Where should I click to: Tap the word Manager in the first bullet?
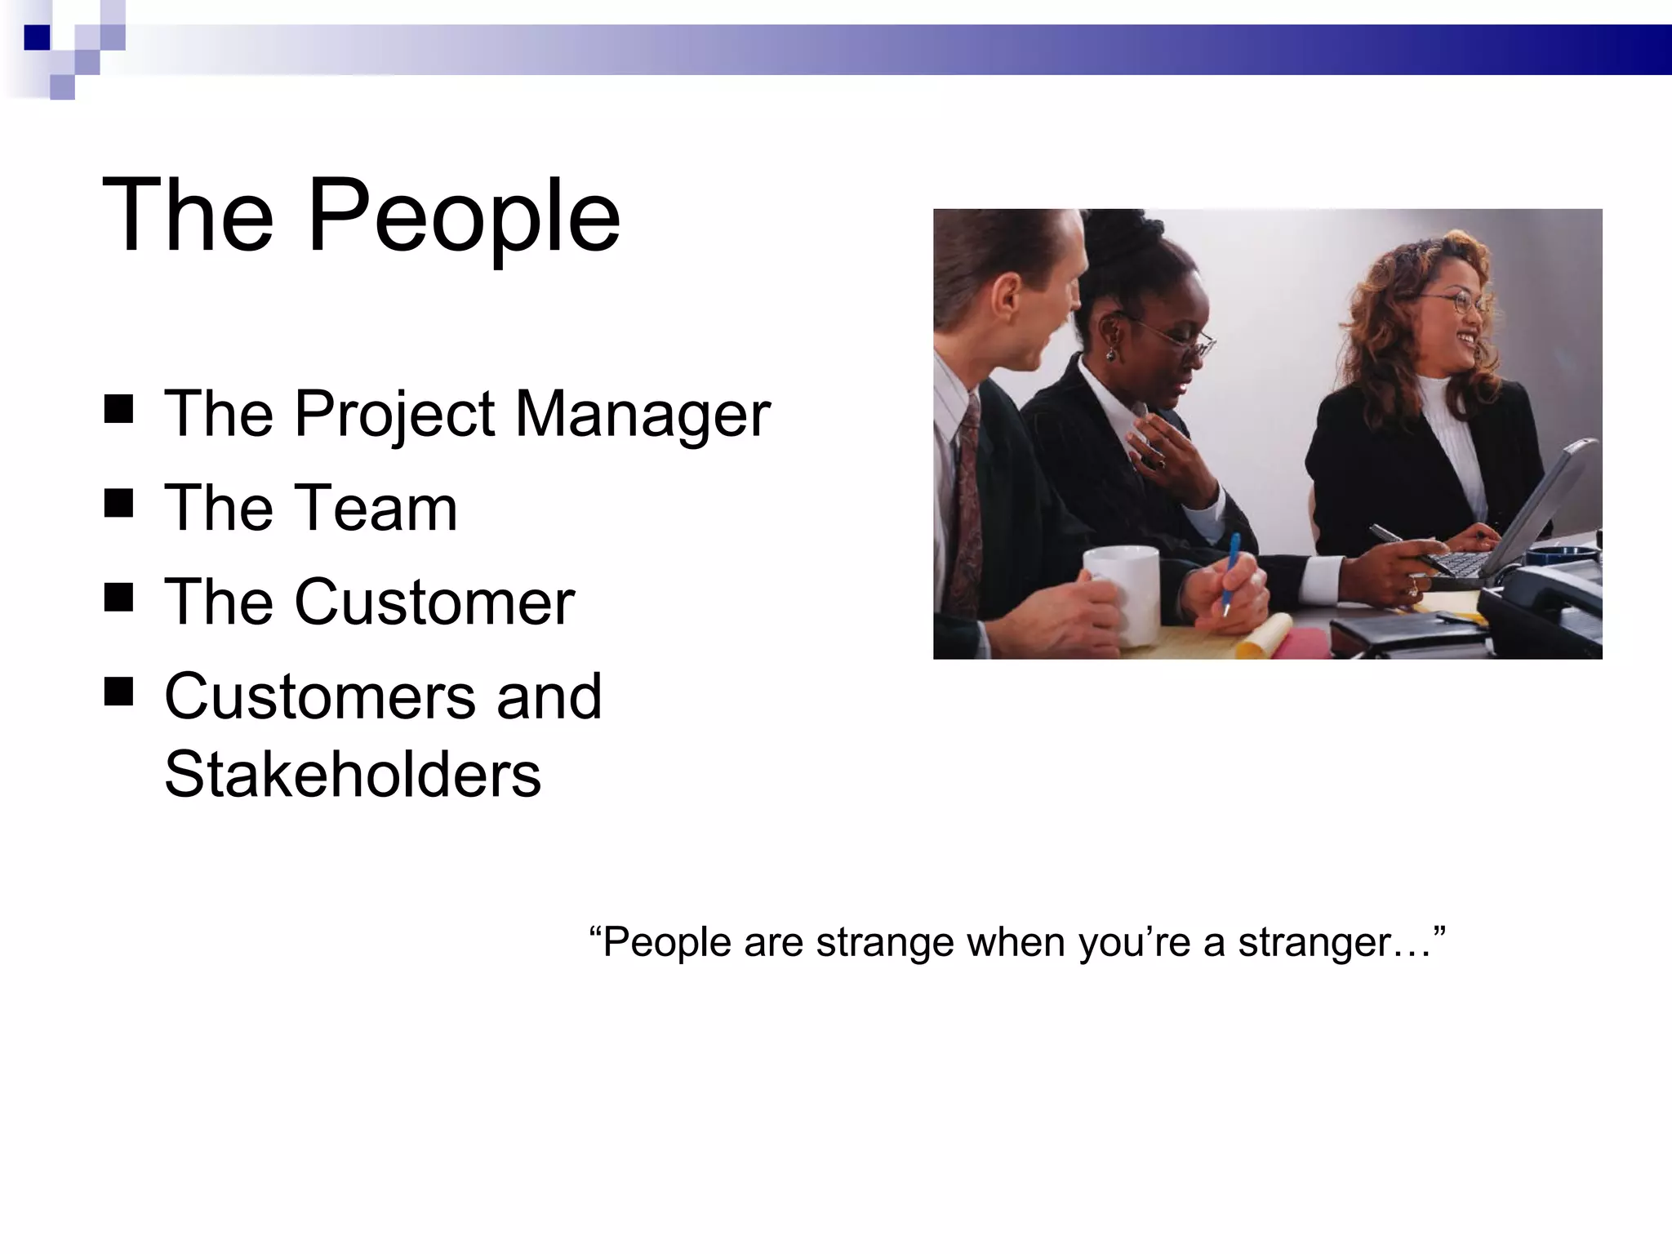tap(643, 414)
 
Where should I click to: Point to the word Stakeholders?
tap(353, 774)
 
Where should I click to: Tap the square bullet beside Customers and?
tap(119, 691)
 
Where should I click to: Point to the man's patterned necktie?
tap(968, 506)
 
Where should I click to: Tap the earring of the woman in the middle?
tap(1111, 354)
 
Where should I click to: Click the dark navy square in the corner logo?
tap(37, 38)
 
